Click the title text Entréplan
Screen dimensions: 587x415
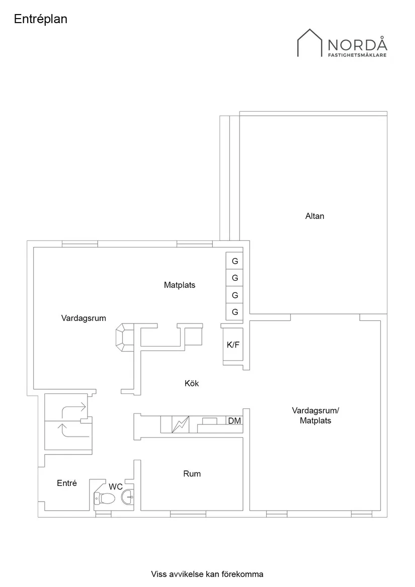tap(41, 19)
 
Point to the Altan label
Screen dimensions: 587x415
tap(314, 216)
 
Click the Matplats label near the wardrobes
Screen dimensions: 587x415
tap(180, 285)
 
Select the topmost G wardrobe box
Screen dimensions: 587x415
tap(234, 261)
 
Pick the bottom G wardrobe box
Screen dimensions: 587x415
tap(234, 312)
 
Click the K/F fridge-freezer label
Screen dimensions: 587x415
tap(233, 345)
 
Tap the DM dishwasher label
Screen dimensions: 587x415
tap(234, 421)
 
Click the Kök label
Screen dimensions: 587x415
tap(192, 384)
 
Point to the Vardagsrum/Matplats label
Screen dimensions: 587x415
tap(315, 415)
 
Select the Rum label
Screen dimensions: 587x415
tap(192, 474)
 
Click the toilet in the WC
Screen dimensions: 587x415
tap(105, 498)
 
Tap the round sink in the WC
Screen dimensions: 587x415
tap(128, 497)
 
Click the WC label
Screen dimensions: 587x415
tap(116, 487)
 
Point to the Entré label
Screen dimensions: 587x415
tap(67, 483)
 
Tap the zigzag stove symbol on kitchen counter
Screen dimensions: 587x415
tap(180, 424)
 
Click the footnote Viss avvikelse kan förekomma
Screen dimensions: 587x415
tap(207, 574)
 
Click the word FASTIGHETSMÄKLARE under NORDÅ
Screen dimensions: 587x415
tap(357, 56)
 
